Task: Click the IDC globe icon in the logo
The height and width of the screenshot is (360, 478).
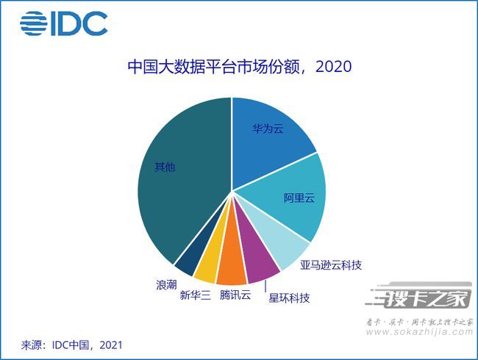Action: (x=34, y=24)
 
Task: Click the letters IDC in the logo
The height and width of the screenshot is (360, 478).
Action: (x=79, y=24)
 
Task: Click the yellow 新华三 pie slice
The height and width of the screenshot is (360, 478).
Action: (x=207, y=267)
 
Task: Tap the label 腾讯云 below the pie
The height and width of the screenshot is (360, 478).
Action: (x=235, y=295)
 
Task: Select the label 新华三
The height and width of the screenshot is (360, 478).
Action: (x=196, y=295)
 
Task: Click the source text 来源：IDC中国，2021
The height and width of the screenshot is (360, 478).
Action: (x=71, y=344)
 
